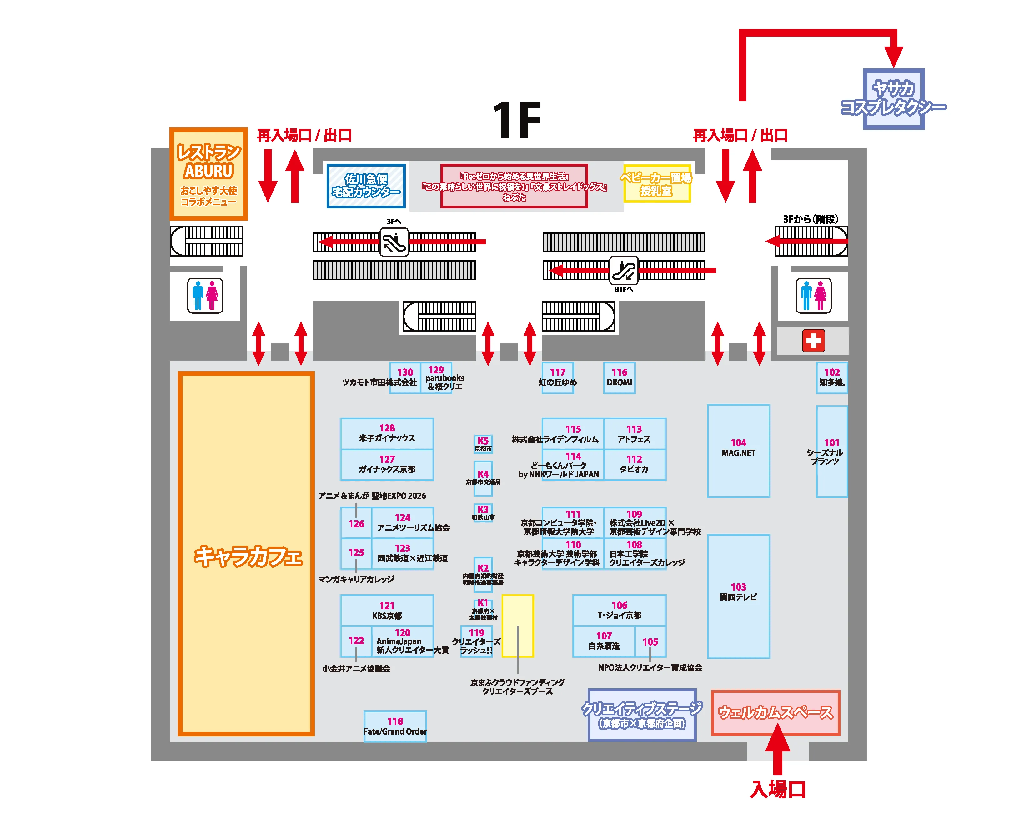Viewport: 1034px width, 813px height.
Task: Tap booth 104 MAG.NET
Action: click(x=738, y=451)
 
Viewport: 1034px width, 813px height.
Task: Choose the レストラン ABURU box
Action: click(x=208, y=174)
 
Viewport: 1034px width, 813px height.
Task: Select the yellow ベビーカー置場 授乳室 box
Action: click(x=657, y=184)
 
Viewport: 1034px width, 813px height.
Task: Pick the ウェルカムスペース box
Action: click(x=776, y=713)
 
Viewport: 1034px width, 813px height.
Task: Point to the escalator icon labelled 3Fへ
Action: click(x=394, y=242)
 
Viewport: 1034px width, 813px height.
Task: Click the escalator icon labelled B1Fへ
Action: click(x=624, y=270)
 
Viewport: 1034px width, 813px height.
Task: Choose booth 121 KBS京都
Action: click(x=387, y=610)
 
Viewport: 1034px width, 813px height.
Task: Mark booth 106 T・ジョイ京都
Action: click(x=619, y=610)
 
